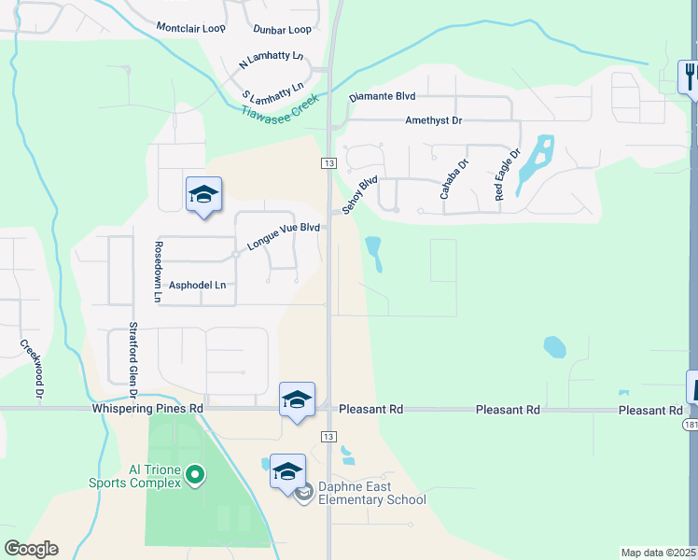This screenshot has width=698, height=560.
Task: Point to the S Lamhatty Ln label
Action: (272, 91)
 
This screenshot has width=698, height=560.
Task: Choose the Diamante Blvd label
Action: (382, 96)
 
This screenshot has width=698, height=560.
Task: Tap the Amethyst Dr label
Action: (433, 120)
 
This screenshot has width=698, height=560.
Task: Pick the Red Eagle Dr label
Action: (507, 174)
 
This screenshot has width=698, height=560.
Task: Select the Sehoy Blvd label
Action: (359, 196)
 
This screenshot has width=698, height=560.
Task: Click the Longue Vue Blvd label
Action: (283, 235)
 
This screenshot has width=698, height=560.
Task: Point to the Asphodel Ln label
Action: (197, 286)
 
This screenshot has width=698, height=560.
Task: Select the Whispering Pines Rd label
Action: (147, 409)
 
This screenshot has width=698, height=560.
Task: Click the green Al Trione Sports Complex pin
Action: (194, 475)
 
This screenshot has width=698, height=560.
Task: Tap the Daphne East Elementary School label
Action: (372, 493)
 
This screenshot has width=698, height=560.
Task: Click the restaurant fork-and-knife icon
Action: (689, 76)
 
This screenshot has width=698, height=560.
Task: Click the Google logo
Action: (31, 549)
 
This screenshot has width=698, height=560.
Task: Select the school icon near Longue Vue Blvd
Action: (203, 195)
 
